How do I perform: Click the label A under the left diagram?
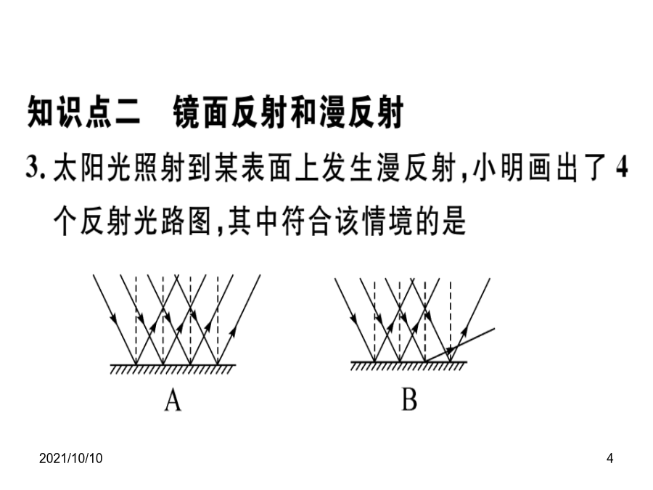[x=173, y=401]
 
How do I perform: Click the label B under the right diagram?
[x=409, y=399]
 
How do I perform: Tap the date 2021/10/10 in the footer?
[x=71, y=458]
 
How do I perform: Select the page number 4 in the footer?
[x=609, y=458]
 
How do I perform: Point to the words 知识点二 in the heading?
[x=83, y=112]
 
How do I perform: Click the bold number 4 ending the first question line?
[x=621, y=168]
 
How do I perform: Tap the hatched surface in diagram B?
[x=408, y=366]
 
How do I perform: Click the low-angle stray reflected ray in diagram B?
[x=459, y=345]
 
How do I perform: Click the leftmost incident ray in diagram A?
[x=114, y=319]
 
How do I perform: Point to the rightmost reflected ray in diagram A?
[x=239, y=319]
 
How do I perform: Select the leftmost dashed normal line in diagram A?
[x=136, y=319]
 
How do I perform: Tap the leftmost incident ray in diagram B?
[x=354, y=320]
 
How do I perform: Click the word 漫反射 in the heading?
[x=361, y=112]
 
